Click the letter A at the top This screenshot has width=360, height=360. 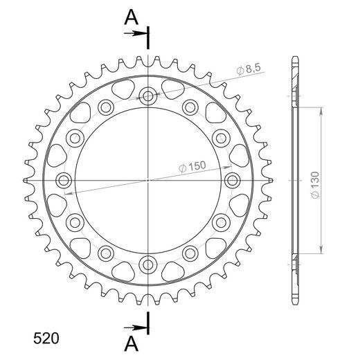pos(129,19)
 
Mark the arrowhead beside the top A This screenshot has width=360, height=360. pos(143,32)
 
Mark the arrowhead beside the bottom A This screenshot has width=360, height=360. pos(143,327)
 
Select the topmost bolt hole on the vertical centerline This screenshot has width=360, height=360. pos(148,96)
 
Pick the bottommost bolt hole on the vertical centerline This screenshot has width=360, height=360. pos(148,264)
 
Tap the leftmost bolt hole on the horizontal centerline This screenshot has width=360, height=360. pos(64,180)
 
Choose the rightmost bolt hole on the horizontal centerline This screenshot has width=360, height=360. pos(233,180)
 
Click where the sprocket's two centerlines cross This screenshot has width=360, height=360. pos(148,180)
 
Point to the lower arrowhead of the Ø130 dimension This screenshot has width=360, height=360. pos(321,251)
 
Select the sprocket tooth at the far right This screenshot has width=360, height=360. pos(271,180)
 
